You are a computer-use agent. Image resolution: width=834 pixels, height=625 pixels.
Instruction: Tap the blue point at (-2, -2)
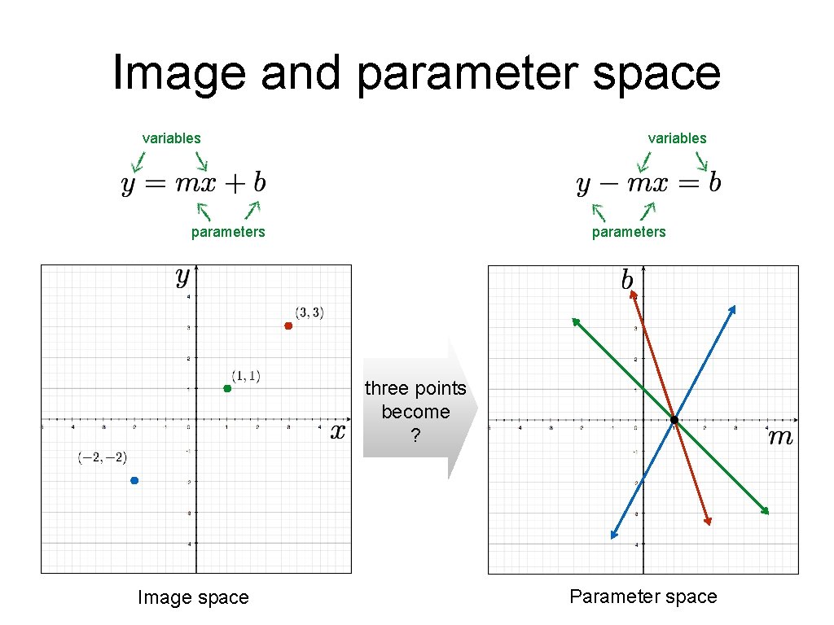134,480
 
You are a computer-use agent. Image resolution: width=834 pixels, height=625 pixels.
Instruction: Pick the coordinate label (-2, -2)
103,458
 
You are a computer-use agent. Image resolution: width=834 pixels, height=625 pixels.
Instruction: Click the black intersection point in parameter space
674,420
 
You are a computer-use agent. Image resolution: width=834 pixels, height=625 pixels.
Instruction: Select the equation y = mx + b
194,183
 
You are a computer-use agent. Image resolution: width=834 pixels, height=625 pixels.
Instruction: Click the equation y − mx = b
648,183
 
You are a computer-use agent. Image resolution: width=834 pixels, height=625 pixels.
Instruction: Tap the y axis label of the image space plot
182,278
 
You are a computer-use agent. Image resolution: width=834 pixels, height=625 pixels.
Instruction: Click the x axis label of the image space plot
338,431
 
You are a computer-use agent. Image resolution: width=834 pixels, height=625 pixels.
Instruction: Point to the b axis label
626,281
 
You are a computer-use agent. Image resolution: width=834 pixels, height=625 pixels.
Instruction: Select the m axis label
780,438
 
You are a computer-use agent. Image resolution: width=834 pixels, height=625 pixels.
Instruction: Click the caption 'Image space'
193,598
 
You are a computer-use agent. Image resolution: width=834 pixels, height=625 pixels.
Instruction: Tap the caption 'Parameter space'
643,597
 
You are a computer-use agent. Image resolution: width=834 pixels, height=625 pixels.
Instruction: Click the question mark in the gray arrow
415,437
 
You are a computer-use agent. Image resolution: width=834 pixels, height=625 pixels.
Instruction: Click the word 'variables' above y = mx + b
171,138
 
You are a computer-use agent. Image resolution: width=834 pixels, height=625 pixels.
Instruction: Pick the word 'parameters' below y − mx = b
629,232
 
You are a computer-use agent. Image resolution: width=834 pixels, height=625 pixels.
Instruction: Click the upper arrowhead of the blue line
733,308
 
